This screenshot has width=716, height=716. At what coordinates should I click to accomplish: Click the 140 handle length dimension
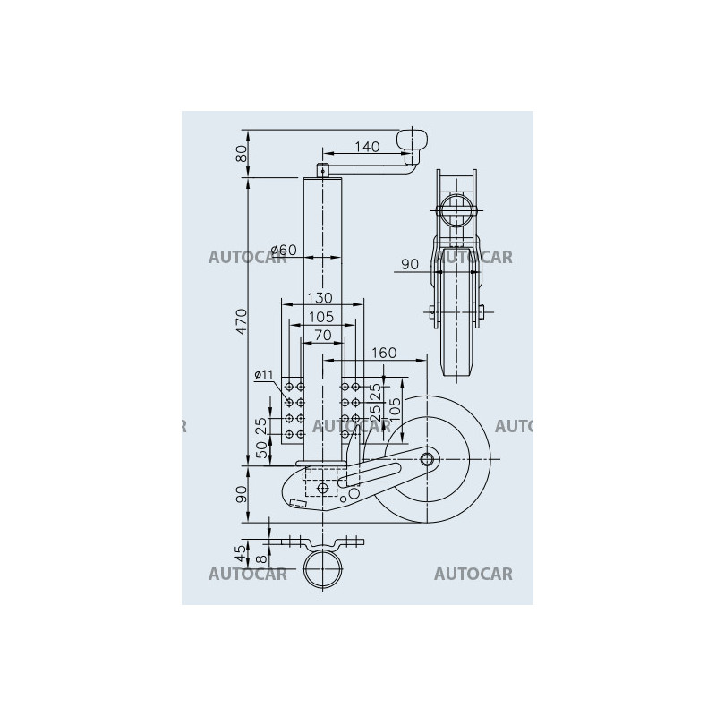click(368, 146)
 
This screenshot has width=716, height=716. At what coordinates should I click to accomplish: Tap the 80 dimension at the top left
click(241, 155)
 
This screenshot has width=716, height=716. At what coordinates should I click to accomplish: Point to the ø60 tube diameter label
click(283, 251)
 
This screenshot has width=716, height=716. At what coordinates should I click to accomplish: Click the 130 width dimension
click(320, 297)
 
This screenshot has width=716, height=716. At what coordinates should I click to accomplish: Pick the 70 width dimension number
click(322, 335)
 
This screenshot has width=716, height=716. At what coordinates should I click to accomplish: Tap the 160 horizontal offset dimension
click(382, 353)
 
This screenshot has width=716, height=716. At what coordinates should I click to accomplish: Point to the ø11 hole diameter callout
click(264, 373)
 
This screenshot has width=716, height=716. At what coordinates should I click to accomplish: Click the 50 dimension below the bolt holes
click(261, 449)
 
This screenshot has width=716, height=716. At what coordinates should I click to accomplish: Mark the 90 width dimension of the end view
click(409, 264)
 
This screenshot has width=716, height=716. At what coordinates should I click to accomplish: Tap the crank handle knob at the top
click(413, 141)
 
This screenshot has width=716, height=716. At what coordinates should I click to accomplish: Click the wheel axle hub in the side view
click(427, 459)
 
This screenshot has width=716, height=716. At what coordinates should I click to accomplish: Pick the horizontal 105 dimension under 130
click(320, 317)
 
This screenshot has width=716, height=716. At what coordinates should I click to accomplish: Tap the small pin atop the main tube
click(322, 168)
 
